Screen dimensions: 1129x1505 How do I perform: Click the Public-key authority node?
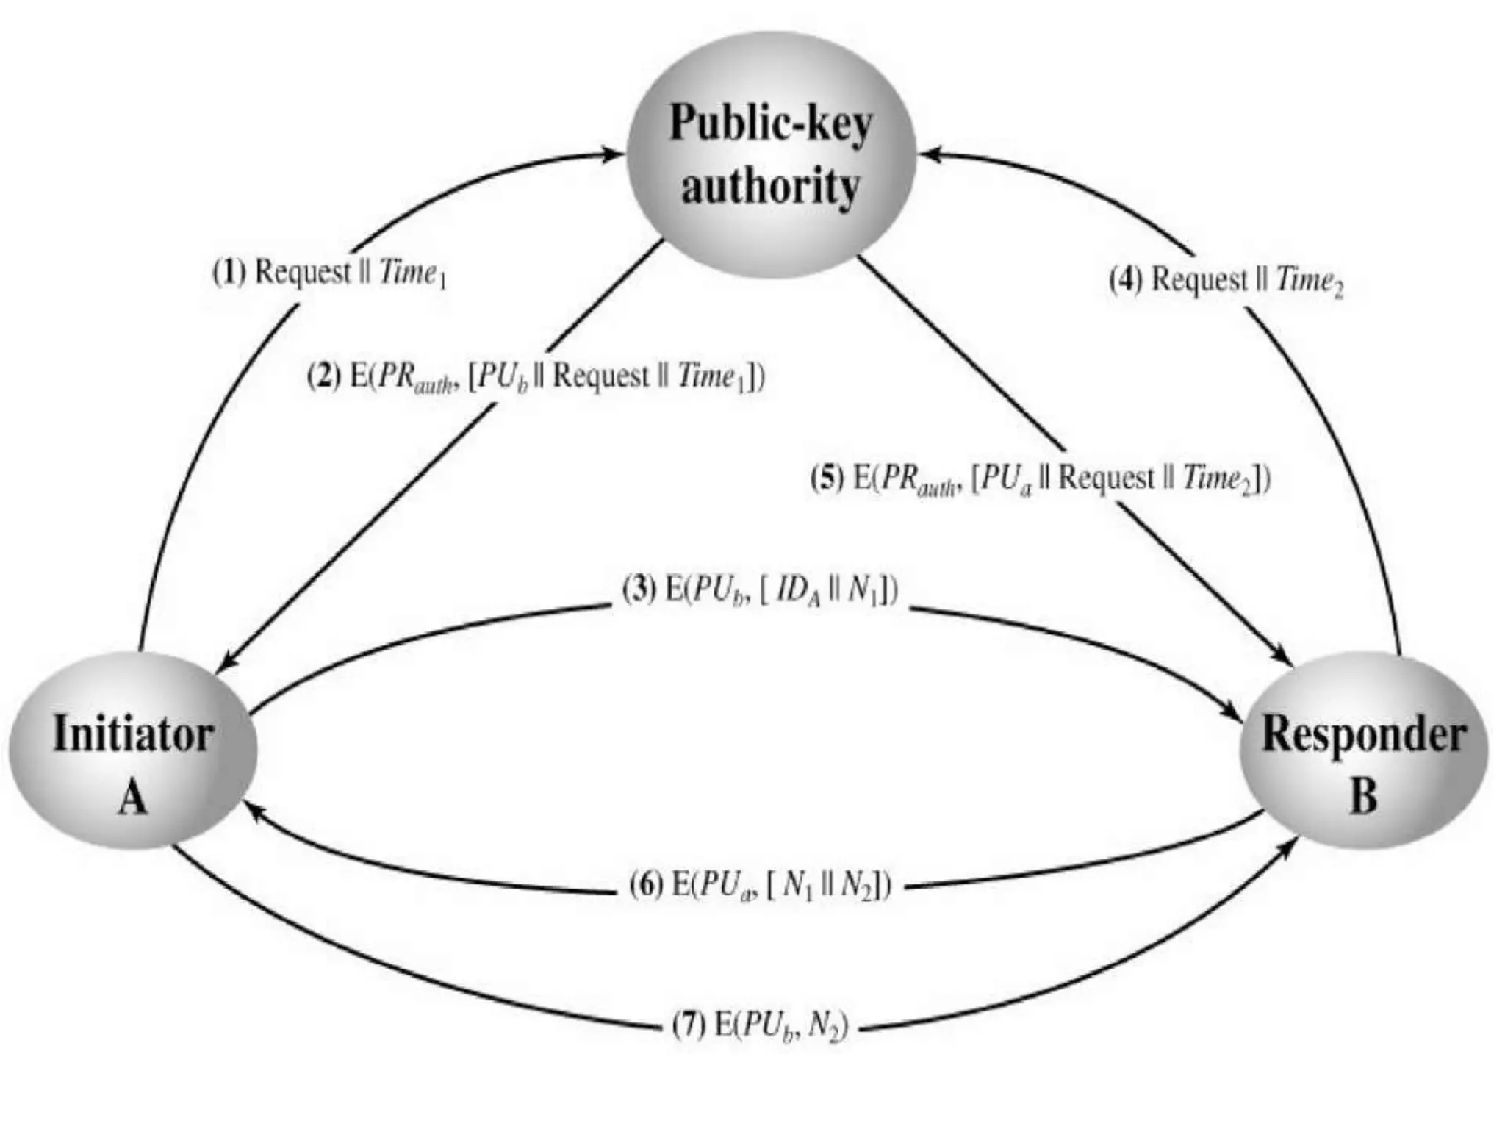[771, 154]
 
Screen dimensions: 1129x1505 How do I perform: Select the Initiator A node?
[133, 750]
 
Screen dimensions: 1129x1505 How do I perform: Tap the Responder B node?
[1364, 750]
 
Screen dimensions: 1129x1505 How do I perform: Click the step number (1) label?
[229, 273]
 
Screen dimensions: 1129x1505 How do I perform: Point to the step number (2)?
[324, 377]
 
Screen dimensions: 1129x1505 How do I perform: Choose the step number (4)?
[1125, 280]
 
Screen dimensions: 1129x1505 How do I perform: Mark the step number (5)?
[827, 479]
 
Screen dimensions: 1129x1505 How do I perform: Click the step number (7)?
[689, 1026]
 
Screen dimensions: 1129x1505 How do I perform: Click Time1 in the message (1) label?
[412, 274]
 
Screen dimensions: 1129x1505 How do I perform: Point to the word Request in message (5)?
[1106, 479]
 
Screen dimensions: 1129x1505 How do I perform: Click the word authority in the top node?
[770, 187]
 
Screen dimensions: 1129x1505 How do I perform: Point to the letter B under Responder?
[1364, 796]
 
